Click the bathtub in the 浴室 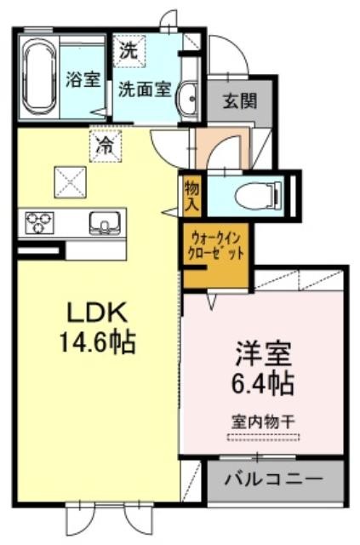coord(39,77)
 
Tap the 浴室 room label coord(83,79)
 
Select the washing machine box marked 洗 coord(129,51)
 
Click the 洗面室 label coord(145,89)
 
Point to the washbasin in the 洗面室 coord(188,99)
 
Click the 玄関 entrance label coord(240,100)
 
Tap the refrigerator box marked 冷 coord(106,146)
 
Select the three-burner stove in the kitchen coord(39,223)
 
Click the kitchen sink coord(105,223)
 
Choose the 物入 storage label coord(191,195)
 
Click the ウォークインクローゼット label coord(215,245)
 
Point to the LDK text coord(97,312)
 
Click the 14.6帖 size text coord(98,342)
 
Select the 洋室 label coord(263,354)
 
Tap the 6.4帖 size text coord(263,383)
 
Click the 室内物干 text coord(263,422)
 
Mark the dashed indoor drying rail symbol coord(263,437)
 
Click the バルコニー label coord(274,480)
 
